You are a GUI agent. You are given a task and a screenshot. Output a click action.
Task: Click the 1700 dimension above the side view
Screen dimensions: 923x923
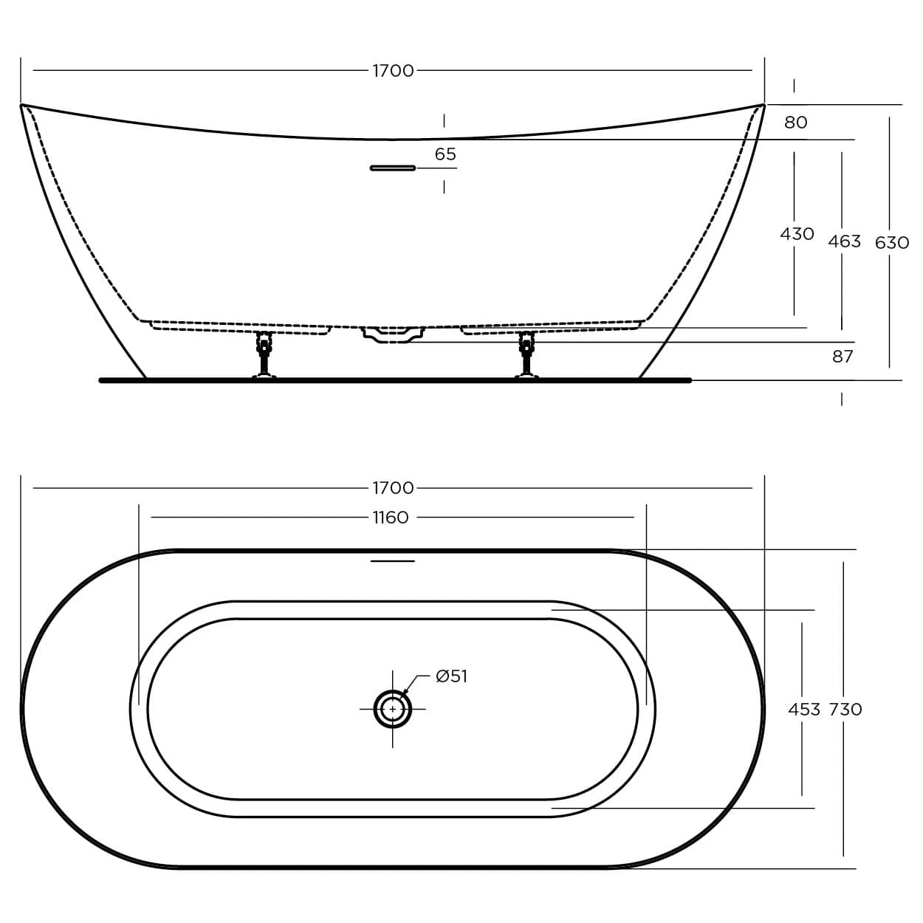click(393, 71)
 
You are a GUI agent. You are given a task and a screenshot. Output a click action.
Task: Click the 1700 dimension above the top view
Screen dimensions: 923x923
click(393, 488)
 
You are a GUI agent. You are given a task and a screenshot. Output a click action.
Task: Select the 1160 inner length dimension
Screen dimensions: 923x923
click(391, 518)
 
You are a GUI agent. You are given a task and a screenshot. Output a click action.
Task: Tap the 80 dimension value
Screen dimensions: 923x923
click(795, 123)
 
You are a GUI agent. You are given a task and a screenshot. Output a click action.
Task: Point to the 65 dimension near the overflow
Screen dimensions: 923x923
click(445, 154)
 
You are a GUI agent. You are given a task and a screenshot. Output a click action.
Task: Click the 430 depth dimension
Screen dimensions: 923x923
click(797, 234)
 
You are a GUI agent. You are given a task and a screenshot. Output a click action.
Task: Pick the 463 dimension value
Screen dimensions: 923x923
click(844, 241)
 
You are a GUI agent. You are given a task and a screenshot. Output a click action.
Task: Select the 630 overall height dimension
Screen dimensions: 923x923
click(891, 243)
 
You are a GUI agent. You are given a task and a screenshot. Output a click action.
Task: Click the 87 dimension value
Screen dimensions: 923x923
click(843, 357)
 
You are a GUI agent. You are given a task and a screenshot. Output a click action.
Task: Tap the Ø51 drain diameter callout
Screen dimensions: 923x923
click(451, 676)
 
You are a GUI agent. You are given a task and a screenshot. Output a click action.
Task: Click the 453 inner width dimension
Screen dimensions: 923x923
click(803, 710)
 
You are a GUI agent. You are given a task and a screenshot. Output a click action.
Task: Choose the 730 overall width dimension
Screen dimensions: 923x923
click(845, 710)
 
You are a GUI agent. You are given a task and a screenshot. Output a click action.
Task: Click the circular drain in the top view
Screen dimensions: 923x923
click(392, 709)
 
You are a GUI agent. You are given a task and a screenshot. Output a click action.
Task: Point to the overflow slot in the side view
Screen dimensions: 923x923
click(393, 168)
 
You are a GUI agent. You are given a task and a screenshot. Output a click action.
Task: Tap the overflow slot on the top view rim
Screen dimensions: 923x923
click(393, 561)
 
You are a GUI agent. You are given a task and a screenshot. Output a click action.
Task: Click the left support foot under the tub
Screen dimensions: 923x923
click(264, 354)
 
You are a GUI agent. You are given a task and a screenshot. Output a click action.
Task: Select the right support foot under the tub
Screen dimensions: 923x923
click(526, 354)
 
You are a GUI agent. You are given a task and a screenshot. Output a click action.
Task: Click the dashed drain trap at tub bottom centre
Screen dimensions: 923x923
click(393, 334)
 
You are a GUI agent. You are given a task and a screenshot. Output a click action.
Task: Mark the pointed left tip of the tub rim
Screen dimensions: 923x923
click(22, 106)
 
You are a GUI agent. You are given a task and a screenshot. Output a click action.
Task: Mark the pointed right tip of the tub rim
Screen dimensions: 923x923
click(763, 105)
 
